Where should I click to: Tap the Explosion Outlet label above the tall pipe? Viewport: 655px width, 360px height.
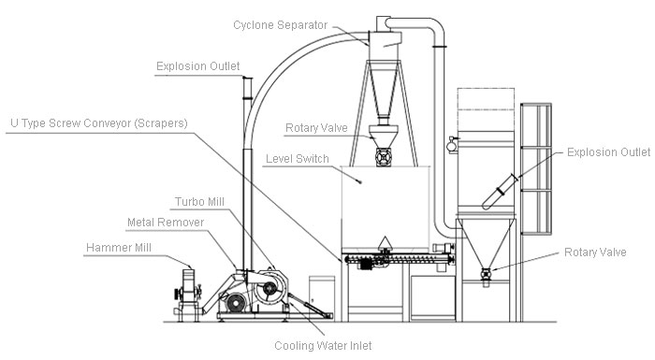click(x=198, y=65)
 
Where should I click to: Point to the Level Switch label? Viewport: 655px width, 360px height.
click(x=298, y=159)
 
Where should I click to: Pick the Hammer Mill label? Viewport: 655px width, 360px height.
click(x=119, y=248)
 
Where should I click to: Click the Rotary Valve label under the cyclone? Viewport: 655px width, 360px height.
click(x=316, y=127)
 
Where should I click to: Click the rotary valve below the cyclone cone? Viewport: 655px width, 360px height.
click(x=383, y=156)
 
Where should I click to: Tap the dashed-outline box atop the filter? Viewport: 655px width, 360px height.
click(x=485, y=113)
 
